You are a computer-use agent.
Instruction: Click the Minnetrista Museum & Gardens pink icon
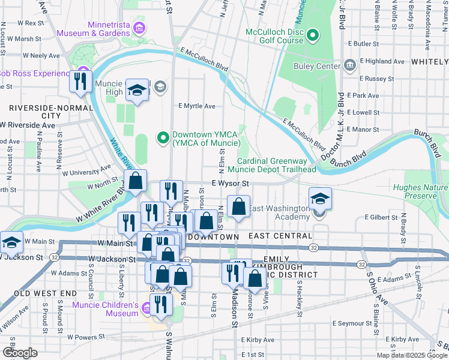140,28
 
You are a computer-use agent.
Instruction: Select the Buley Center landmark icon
349,66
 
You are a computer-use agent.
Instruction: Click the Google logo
20,353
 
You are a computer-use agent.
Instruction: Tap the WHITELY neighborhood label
429,62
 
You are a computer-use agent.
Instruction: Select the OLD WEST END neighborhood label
46,293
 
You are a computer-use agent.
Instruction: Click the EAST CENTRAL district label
280,236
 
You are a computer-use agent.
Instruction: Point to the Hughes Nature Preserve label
420,191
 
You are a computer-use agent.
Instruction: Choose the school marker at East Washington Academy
320,199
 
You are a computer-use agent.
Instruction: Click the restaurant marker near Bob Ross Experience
80,81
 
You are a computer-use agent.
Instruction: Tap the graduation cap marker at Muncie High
137,91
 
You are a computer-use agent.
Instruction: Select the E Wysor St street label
229,184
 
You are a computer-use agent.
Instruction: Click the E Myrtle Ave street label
196,106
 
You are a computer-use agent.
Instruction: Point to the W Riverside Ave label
28,125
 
